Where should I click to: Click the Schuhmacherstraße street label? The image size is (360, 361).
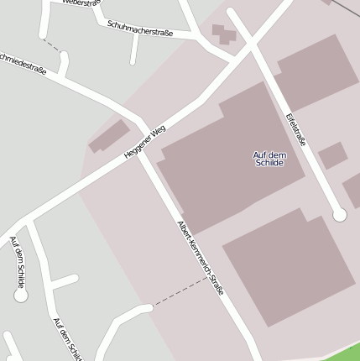pos(140,29)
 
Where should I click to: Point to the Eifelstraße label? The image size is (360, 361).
pos(295,129)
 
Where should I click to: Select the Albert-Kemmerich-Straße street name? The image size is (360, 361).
pos(201,259)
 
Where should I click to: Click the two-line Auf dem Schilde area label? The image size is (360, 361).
pos(269,158)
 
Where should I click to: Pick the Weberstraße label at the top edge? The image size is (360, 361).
pos(81,3)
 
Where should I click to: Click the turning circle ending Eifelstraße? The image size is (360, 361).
pos(339,215)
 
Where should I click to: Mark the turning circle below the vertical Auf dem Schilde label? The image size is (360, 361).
pos(21,295)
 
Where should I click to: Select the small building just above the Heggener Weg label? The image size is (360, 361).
pos(109,136)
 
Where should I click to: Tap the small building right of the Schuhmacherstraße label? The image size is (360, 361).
pos(223,34)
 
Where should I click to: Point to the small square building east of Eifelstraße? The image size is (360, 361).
pos(332,155)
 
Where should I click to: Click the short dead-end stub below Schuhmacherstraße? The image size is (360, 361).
pos(133,50)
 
